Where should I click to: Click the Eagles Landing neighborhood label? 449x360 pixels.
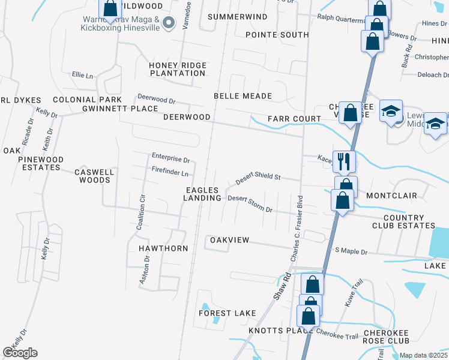[x=202, y=194]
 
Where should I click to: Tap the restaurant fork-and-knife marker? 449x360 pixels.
[x=344, y=161]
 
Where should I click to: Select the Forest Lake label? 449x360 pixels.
[x=228, y=313]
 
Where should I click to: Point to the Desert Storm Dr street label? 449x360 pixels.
[x=250, y=204]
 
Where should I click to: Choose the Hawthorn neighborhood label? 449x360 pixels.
[x=163, y=248]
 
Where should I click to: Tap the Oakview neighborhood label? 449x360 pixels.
[x=229, y=240]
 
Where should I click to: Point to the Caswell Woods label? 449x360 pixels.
[x=94, y=176]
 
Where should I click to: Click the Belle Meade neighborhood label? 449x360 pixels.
[x=243, y=96]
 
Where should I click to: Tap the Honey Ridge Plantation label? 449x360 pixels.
[x=178, y=69]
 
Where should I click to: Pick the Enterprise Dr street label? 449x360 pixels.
[x=170, y=160]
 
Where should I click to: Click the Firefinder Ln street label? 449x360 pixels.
[x=170, y=173]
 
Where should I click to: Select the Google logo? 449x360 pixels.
[x=20, y=353]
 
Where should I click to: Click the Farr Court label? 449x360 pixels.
[x=294, y=119]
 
